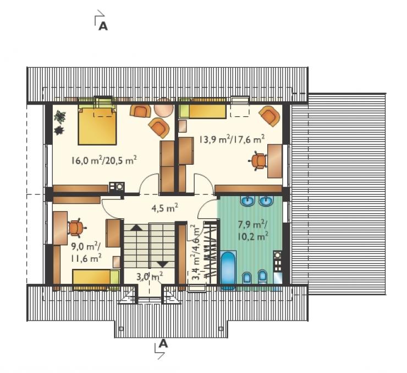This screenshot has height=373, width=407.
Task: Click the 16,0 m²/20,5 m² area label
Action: (x=104, y=160)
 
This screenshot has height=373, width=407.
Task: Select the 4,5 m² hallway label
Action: (x=165, y=208)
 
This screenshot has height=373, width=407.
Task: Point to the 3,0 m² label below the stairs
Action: (x=150, y=277)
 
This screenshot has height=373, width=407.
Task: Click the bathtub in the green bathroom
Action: (x=228, y=271)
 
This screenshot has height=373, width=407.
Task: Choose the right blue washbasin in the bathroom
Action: (x=266, y=201)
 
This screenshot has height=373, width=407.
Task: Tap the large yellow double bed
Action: (x=97, y=125)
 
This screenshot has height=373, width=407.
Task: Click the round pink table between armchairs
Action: (x=163, y=107)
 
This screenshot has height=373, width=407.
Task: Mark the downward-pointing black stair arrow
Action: (x=163, y=264)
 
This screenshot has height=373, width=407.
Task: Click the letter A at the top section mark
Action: (x=103, y=26)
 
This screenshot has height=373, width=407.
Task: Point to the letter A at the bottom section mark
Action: (x=163, y=343)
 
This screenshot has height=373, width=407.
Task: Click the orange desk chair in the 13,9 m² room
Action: (x=259, y=161)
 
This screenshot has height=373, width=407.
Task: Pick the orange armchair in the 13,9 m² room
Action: (x=270, y=116)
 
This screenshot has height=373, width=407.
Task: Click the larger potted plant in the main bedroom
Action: (x=60, y=116)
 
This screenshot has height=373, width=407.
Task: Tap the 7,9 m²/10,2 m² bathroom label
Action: (x=252, y=230)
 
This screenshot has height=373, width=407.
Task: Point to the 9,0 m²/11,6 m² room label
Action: (x=86, y=252)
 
